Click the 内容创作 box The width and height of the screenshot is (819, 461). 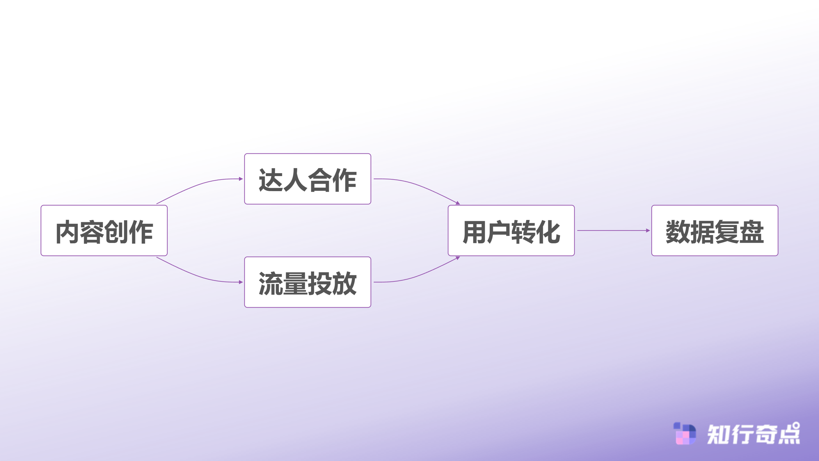[x=104, y=230]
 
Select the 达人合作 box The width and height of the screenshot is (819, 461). [x=307, y=179]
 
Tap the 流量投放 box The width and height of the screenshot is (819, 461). [x=307, y=282]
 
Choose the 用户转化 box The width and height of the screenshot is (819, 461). [x=511, y=230]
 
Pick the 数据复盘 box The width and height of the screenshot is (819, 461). [x=715, y=230]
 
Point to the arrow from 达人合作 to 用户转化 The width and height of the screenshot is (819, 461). [x=416, y=184]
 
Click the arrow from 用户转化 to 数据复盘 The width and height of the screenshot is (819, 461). [x=613, y=230]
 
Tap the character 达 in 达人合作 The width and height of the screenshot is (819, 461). [x=271, y=180]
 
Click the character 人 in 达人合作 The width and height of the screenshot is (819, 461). [x=295, y=180]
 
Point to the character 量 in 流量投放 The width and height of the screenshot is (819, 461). [x=295, y=284]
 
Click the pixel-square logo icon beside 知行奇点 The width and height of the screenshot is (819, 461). [x=685, y=434]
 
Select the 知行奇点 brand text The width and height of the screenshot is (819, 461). [x=753, y=434]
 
